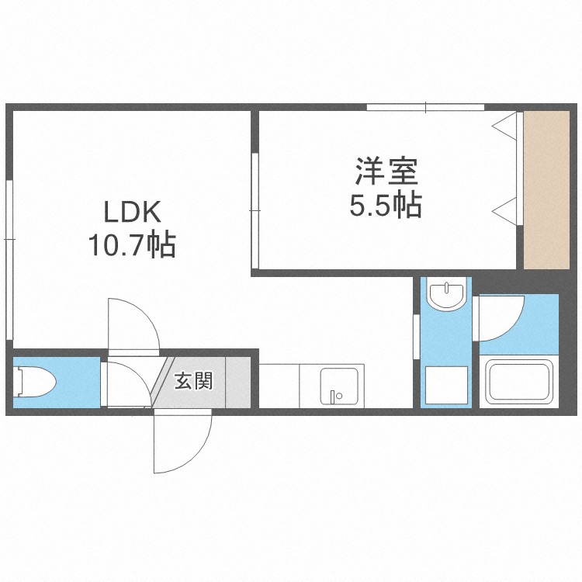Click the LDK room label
[x=132, y=212]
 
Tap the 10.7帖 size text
[x=132, y=246]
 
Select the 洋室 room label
[x=386, y=171]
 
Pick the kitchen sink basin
[x=341, y=386]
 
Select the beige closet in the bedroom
[x=546, y=190]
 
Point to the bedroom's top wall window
[x=425, y=107]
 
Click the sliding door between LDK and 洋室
[x=255, y=210]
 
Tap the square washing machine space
[x=446, y=383]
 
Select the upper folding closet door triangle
[x=506, y=126]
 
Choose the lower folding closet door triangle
[x=506, y=209]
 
